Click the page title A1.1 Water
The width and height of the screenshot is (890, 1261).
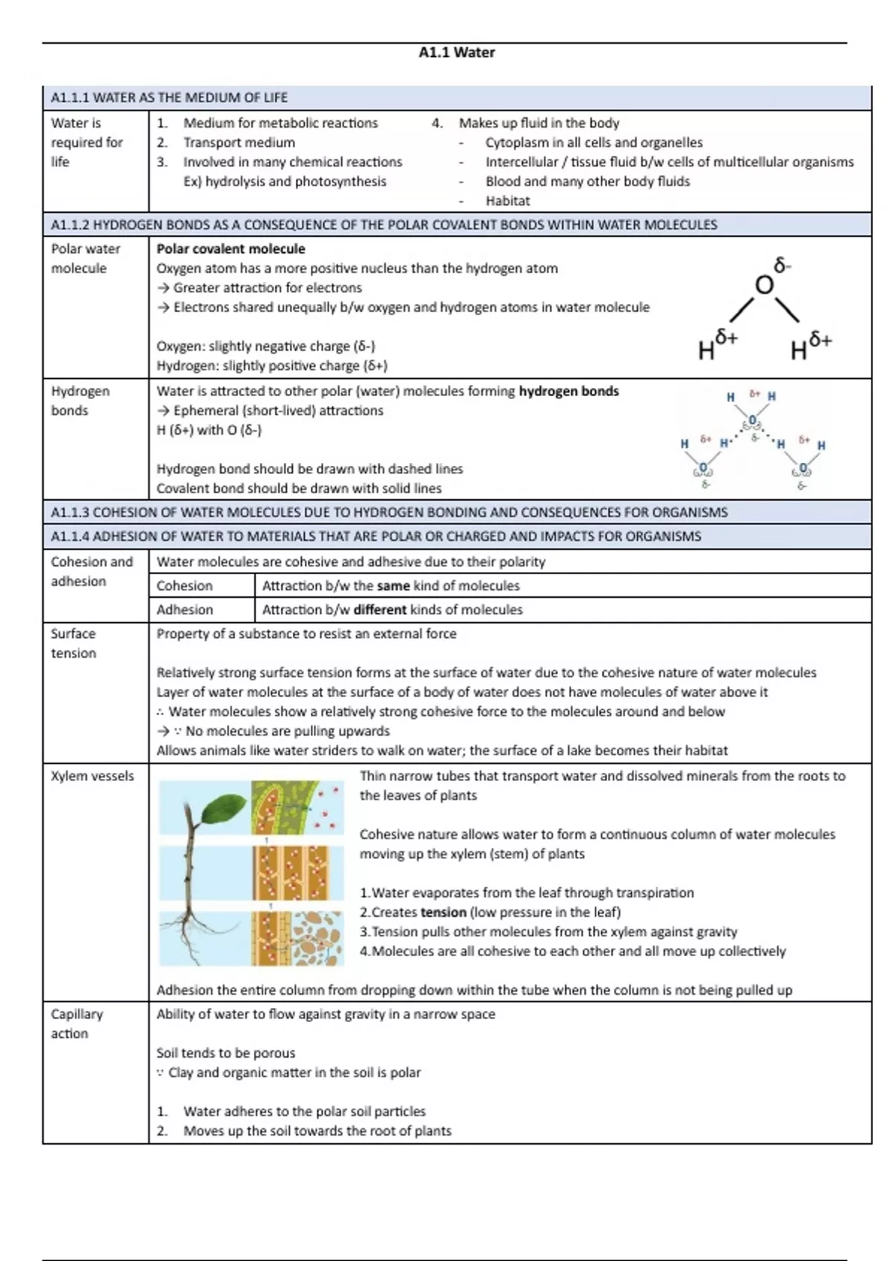click(456, 53)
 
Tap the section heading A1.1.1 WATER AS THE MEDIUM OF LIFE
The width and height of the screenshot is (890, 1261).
click(169, 97)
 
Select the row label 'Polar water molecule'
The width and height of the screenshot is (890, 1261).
click(85, 258)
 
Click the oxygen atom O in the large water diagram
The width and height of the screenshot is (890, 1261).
click(763, 285)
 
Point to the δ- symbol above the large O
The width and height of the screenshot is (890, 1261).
click(782, 265)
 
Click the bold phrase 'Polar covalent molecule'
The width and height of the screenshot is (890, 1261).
click(231, 249)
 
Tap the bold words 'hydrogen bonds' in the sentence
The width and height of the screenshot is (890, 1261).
click(568, 391)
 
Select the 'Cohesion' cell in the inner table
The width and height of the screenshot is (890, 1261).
click(185, 586)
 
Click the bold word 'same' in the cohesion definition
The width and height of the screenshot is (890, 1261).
click(393, 586)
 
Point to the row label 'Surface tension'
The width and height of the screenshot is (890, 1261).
click(73, 643)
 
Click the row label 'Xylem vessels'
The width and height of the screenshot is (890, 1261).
click(92, 776)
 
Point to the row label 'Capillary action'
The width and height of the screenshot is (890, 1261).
click(76, 1024)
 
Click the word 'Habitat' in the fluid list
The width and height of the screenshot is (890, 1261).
click(507, 201)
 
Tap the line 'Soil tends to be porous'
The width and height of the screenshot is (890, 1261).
click(225, 1053)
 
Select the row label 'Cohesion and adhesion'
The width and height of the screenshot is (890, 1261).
click(91, 571)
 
